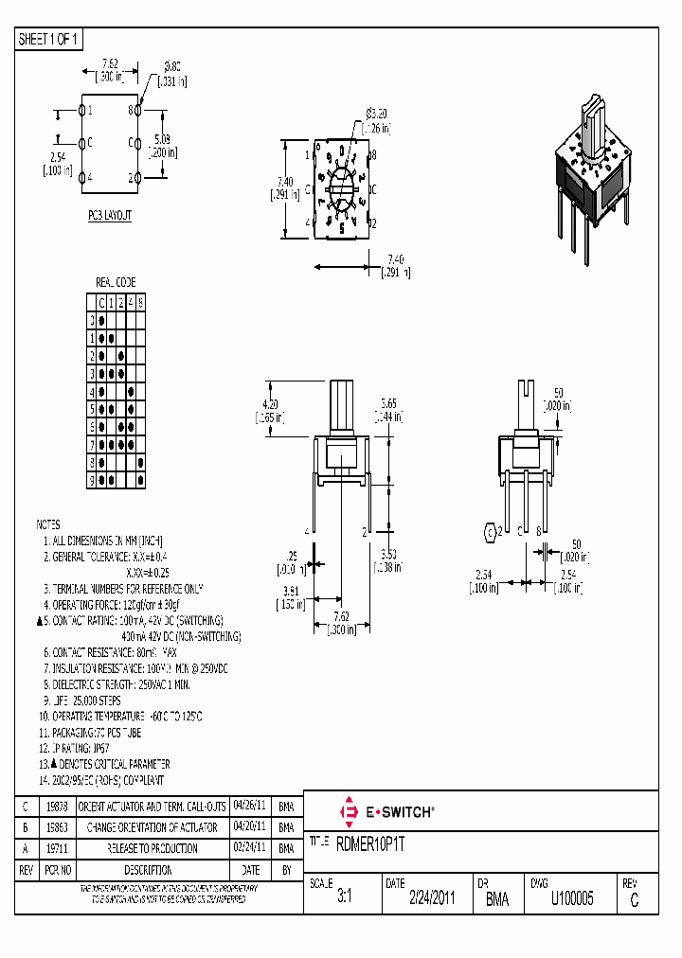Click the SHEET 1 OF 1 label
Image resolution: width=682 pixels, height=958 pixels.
pos(49,39)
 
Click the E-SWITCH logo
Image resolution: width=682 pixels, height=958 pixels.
pos(386,811)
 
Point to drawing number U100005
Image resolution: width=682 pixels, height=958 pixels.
pos(572,899)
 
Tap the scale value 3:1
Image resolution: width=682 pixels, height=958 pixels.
pos(344,899)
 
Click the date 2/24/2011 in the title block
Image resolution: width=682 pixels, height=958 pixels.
pos(432,899)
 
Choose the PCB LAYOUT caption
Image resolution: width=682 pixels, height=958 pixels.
pos(110,216)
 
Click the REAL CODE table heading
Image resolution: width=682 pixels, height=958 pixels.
pos(116,282)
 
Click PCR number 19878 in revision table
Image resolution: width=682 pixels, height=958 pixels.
pos(57,807)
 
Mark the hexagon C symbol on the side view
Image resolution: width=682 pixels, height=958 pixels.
pos(491,532)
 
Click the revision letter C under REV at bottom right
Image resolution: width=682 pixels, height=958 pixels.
pos(633,901)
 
